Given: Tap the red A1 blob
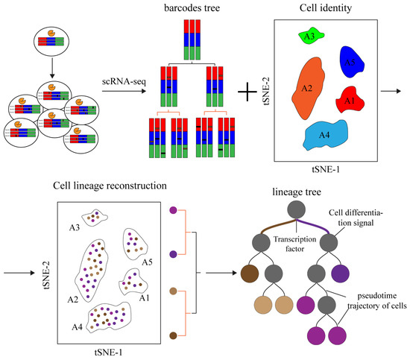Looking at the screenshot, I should (x=350, y=98).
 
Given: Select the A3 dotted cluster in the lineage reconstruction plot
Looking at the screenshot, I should (x=95, y=218).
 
